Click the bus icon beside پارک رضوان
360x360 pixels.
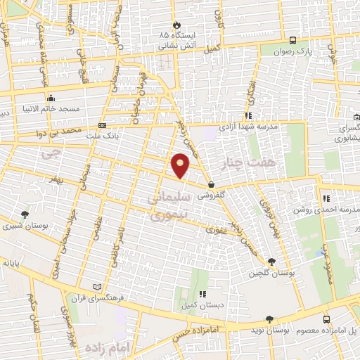point(292,40)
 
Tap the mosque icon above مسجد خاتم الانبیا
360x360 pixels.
point(50,98)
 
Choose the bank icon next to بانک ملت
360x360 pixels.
point(103,126)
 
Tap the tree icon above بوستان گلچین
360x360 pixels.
point(272,261)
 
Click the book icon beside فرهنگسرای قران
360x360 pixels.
point(97,287)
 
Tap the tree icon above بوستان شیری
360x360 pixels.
point(25,214)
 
